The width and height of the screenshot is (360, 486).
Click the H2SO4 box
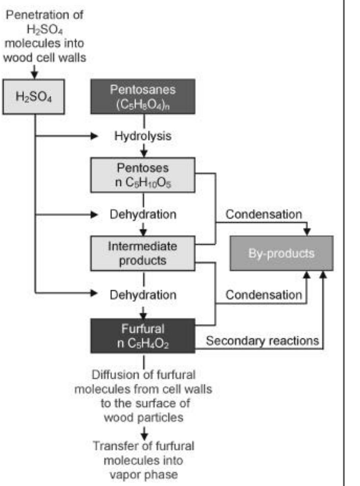tap(34, 97)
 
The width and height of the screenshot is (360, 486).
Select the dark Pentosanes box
tap(143, 97)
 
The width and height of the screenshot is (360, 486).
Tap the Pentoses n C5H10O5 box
tap(143, 175)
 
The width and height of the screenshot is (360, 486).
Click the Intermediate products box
tap(143, 253)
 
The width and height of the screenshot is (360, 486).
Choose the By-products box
tap(281, 253)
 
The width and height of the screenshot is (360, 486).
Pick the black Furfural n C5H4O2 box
tap(143, 336)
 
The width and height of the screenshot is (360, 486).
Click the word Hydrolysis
tap(143, 136)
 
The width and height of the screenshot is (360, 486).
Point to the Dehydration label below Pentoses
tap(143, 215)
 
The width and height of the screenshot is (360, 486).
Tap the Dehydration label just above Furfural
tap(143, 295)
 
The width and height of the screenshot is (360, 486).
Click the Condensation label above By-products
tap(263, 215)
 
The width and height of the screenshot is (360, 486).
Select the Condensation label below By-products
tap(263, 295)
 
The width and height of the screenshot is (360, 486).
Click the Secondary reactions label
tap(262, 341)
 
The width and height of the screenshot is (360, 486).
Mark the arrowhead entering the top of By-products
tap(307, 232)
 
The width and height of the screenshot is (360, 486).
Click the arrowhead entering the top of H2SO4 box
tap(34, 75)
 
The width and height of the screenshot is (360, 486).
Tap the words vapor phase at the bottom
tap(143, 475)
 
